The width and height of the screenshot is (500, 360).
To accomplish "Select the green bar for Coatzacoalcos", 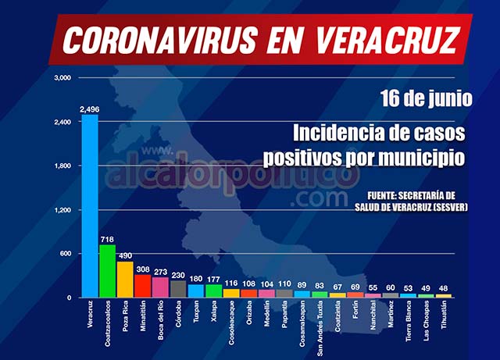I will pos(108,271).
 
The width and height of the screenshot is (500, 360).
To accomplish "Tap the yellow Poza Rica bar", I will pos(125,280).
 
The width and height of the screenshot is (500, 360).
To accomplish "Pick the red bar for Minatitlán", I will pos(142,286).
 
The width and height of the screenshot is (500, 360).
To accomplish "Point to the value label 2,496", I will pos(90,109).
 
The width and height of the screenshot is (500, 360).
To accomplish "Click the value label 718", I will pos(108,239).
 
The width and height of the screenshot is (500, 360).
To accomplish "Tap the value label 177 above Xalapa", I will pos(214,280).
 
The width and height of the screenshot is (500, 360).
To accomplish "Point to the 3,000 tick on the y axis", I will pos(62,78).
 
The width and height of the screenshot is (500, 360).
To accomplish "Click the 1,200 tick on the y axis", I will pos(62,210).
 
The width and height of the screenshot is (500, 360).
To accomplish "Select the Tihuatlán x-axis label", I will pos(445,318).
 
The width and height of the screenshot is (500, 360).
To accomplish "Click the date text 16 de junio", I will pos(427,100).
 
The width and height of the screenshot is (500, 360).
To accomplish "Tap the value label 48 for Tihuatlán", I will pos(444,288).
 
